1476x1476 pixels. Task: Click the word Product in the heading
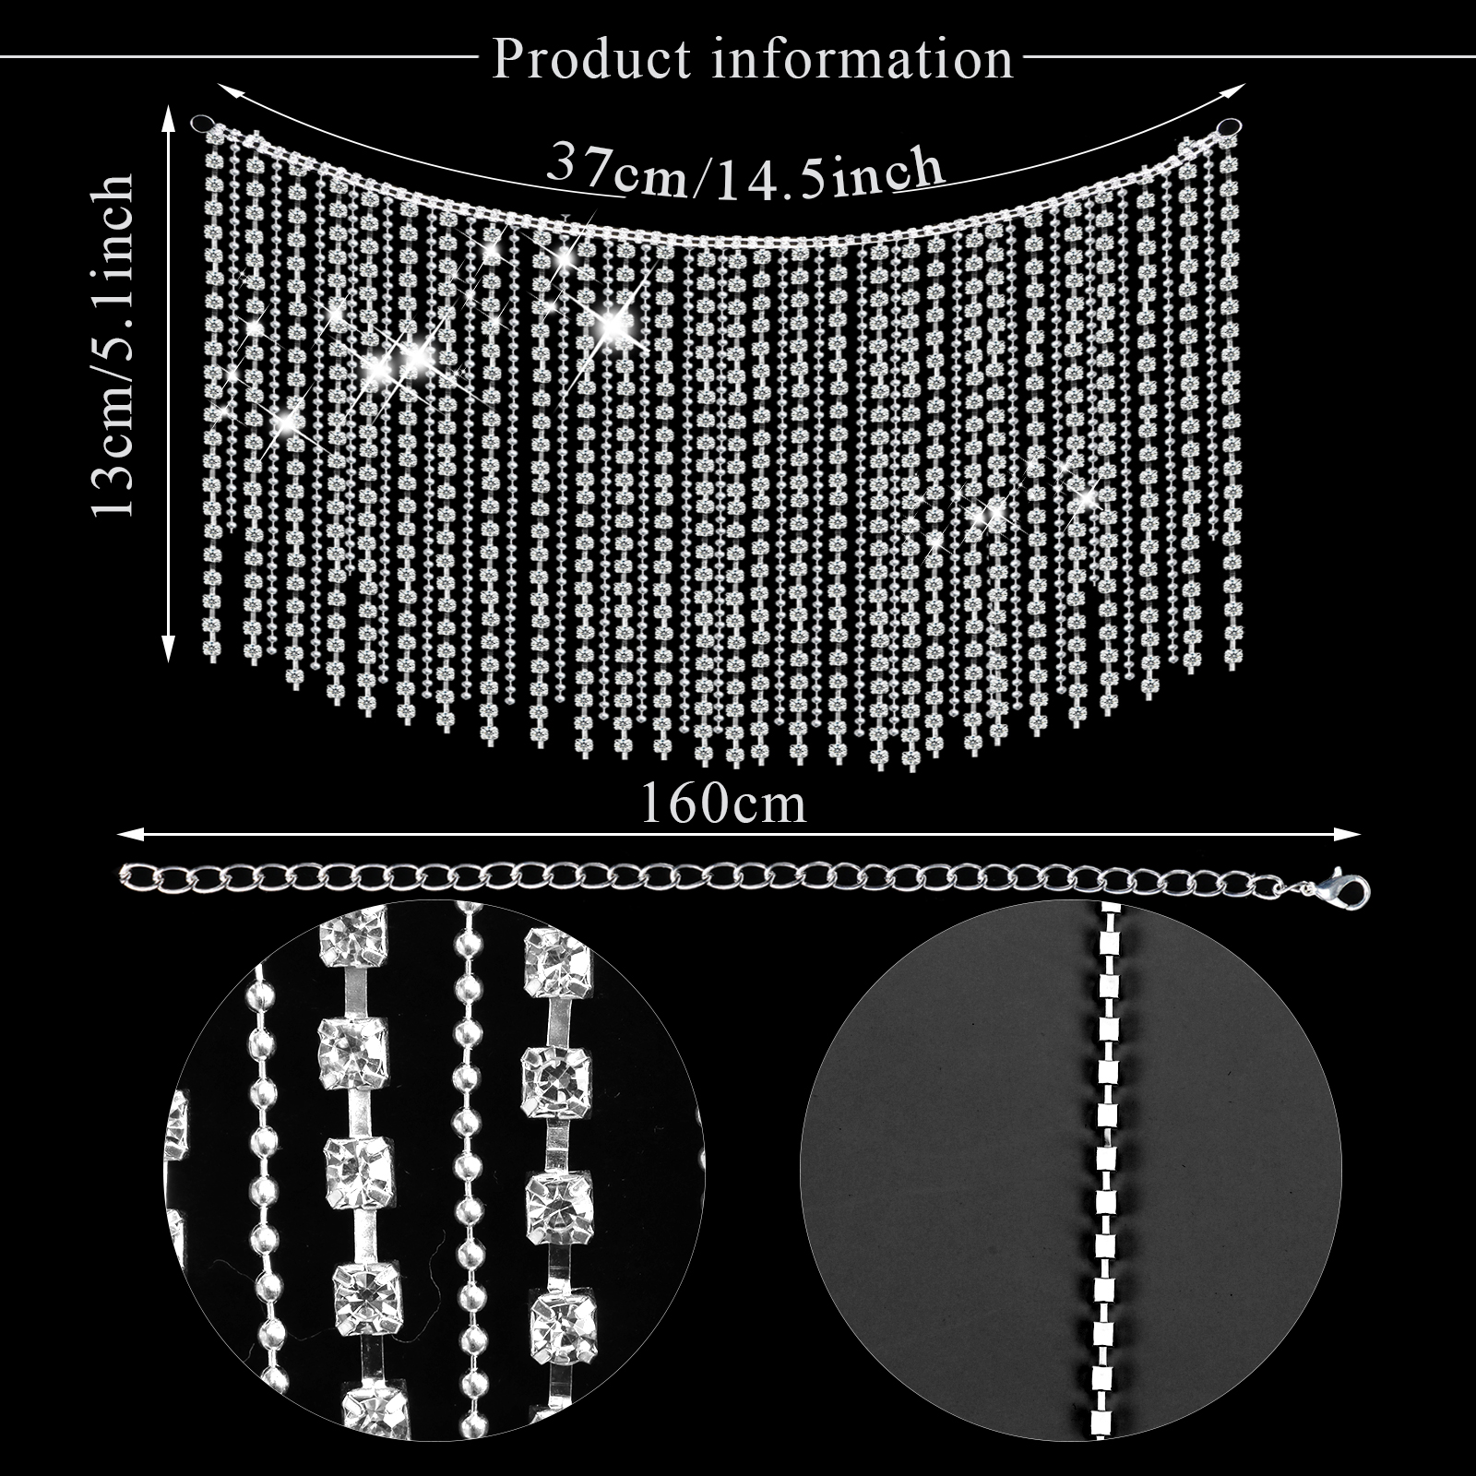click(x=591, y=59)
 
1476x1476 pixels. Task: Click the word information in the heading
click(x=863, y=59)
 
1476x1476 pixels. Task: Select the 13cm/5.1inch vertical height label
click(x=113, y=345)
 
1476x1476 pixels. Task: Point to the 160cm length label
click(x=723, y=803)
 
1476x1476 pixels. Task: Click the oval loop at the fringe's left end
click(x=201, y=123)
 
